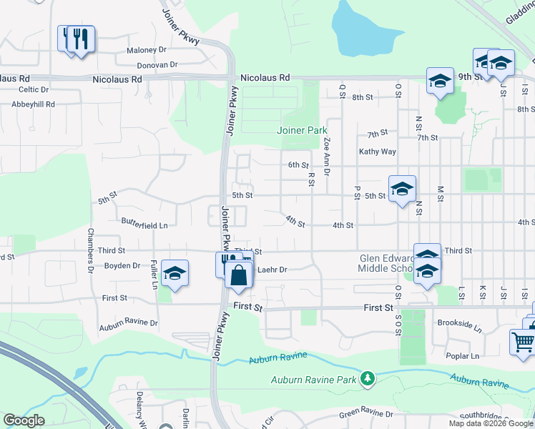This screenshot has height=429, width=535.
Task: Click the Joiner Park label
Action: [x=302, y=130]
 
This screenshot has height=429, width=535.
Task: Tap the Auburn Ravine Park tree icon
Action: [x=368, y=378]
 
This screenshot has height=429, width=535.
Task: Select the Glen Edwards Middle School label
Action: [x=386, y=264]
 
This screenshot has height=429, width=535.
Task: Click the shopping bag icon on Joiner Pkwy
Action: [x=239, y=275]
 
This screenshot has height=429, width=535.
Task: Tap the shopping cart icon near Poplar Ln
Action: [x=523, y=341]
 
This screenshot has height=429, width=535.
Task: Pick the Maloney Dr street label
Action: [x=146, y=50]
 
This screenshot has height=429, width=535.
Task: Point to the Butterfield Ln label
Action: [x=144, y=225]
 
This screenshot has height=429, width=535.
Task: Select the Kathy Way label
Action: [x=378, y=152]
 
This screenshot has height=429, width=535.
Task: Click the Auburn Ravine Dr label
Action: [x=129, y=322]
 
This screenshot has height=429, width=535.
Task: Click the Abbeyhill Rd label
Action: [x=34, y=104]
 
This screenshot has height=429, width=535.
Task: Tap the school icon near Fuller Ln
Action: [x=174, y=274]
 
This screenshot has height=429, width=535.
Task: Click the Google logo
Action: [x=24, y=420]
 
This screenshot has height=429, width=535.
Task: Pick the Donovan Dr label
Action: [x=157, y=64]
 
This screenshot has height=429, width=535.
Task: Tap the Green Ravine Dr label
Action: [x=366, y=414]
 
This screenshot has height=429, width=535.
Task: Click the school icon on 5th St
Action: [x=402, y=189]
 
